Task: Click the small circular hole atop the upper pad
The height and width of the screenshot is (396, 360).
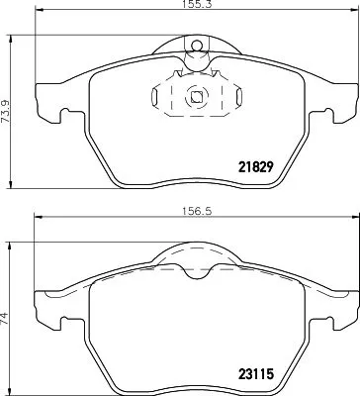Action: (x=196, y=44)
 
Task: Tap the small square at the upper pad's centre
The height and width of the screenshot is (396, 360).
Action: (x=196, y=97)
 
